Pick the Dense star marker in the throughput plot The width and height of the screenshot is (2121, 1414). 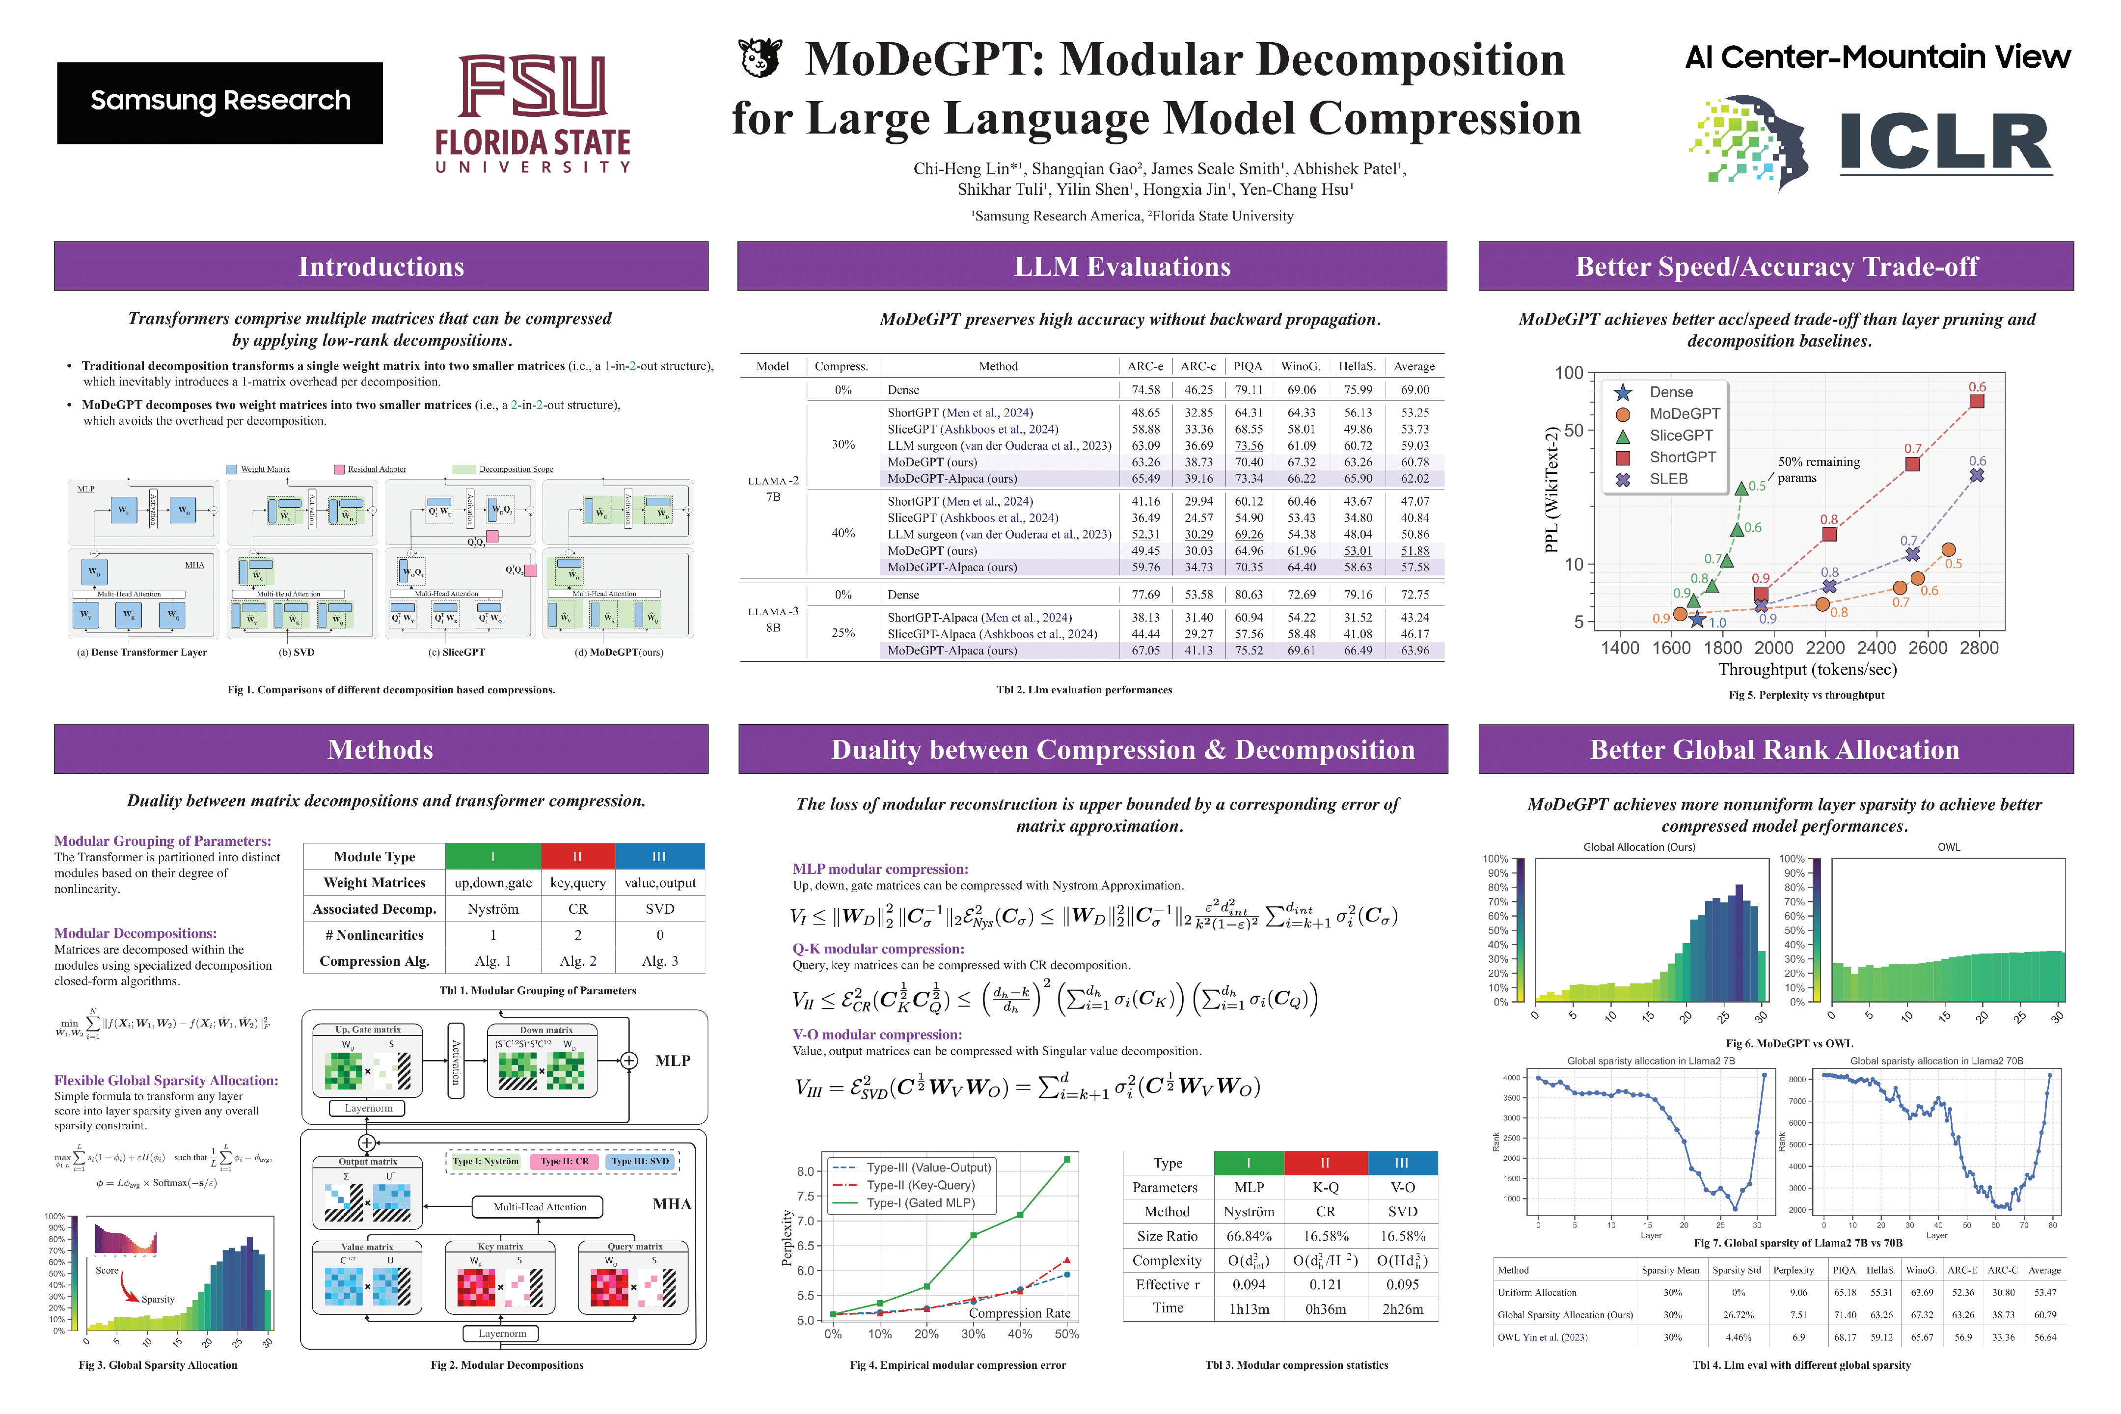pos(1697,620)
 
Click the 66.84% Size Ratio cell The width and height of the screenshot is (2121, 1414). pos(1249,1236)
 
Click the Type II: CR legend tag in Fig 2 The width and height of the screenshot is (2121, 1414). pos(565,1162)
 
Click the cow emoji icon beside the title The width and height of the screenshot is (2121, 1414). pos(760,58)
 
